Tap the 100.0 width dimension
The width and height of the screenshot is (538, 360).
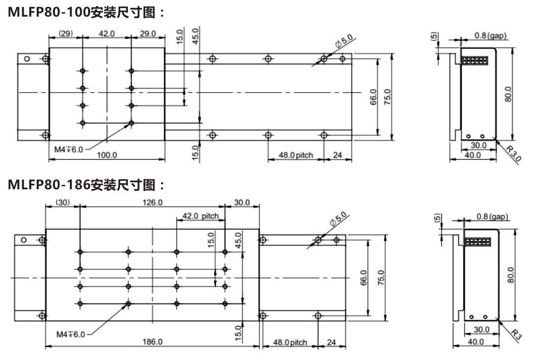click(x=106, y=155)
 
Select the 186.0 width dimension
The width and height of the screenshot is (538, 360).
click(x=153, y=341)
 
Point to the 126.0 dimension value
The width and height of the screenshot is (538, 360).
click(x=153, y=202)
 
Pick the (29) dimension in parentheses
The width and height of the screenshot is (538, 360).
click(x=65, y=34)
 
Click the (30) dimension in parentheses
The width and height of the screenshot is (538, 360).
click(x=62, y=202)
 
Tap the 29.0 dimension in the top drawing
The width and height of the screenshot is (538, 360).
click(x=148, y=34)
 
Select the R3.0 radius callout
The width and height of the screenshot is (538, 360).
click(x=514, y=152)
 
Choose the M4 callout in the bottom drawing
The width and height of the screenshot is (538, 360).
click(x=71, y=334)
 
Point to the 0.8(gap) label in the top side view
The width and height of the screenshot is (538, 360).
click(x=490, y=36)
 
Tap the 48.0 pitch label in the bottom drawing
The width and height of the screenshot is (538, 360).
click(x=290, y=342)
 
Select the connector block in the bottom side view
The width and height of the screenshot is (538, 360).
click(x=478, y=242)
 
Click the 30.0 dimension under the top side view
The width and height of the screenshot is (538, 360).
click(x=478, y=146)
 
